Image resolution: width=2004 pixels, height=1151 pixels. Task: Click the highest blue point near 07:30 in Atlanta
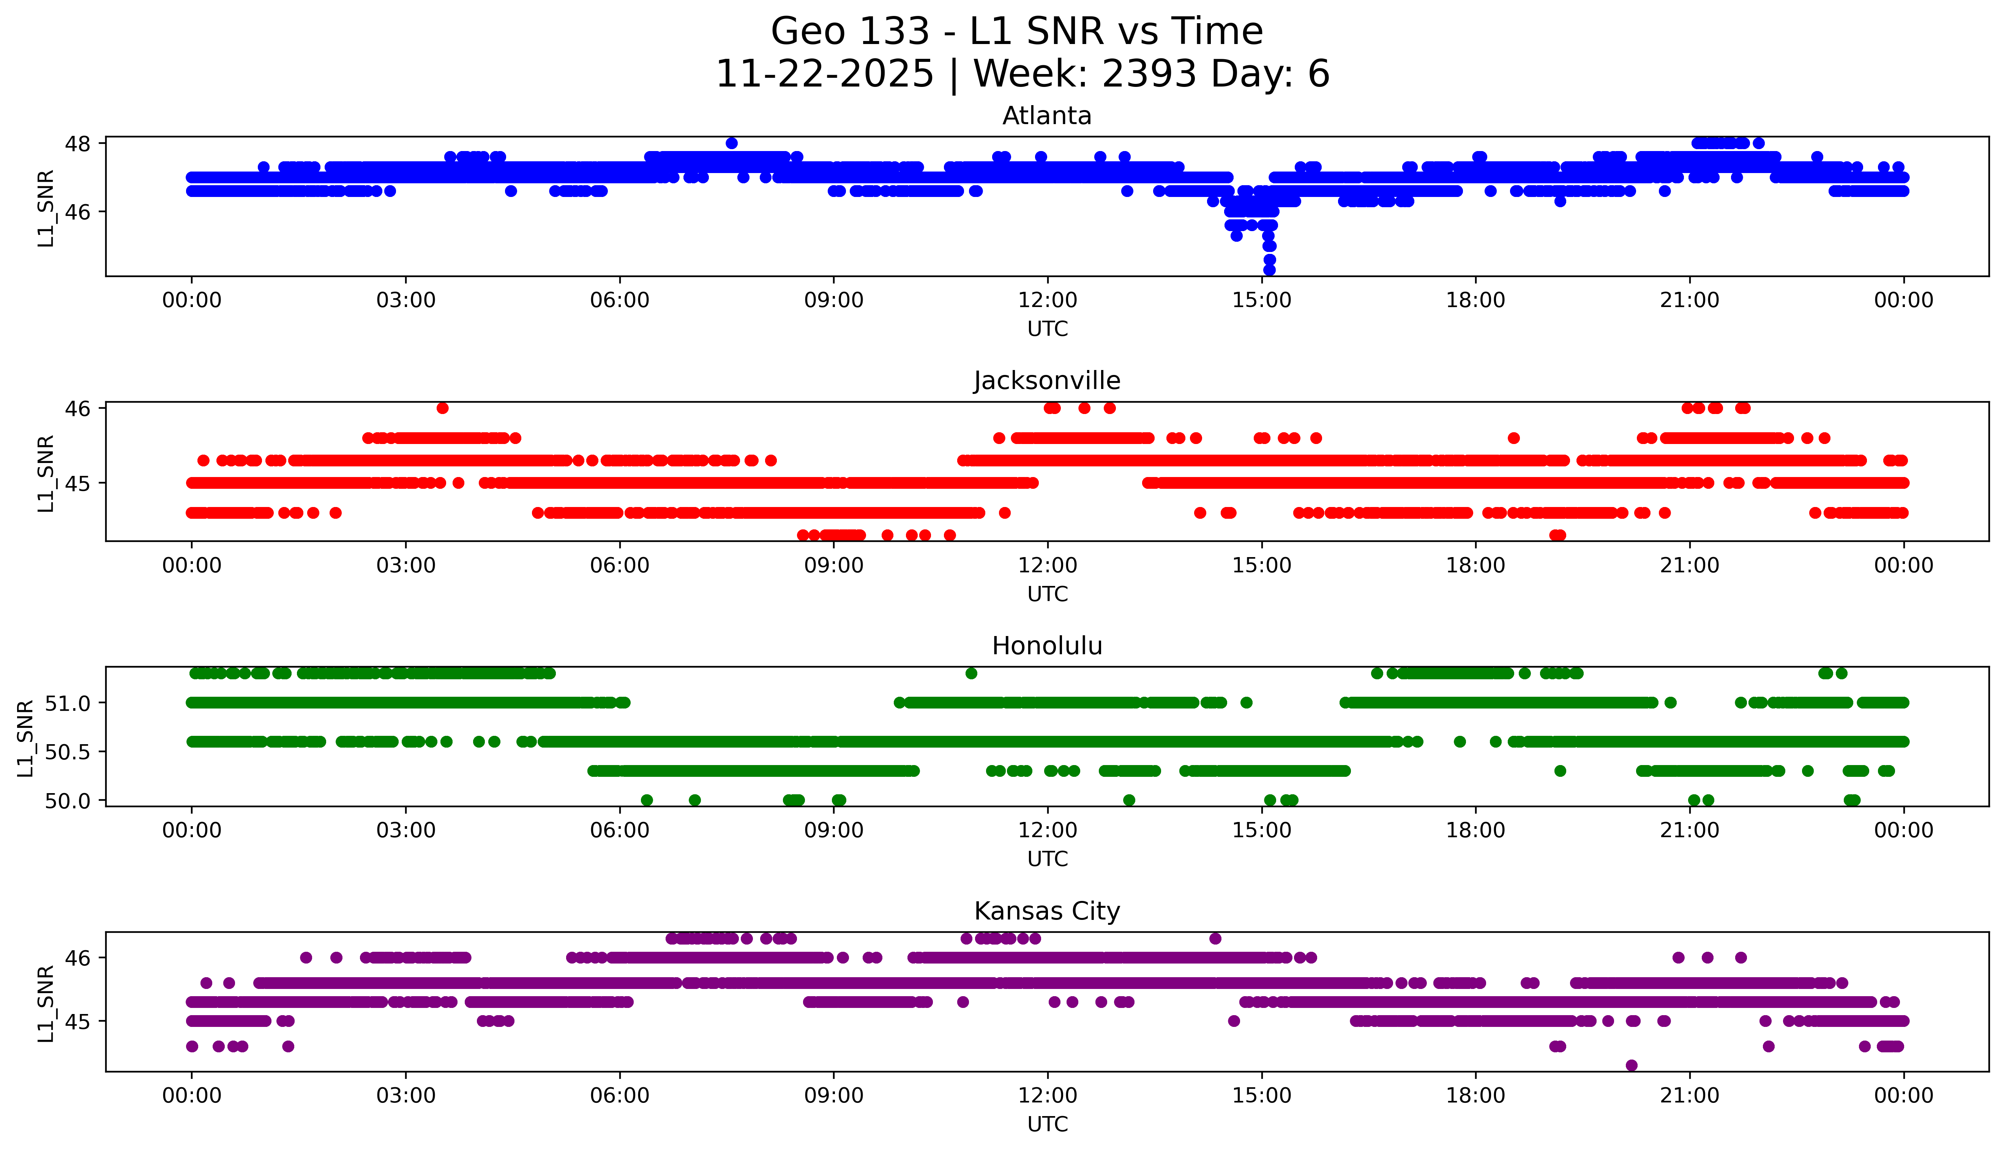tap(732, 143)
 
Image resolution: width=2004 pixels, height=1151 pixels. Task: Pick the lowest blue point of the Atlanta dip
tap(1269, 270)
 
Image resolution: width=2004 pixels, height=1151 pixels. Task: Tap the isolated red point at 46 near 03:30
tap(442, 408)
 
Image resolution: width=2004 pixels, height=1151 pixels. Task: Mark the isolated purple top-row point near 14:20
tap(1215, 938)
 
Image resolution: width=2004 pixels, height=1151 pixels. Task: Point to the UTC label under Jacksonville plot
tap(1047, 594)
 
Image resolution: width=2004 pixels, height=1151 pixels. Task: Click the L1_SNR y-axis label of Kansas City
tap(46, 1002)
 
